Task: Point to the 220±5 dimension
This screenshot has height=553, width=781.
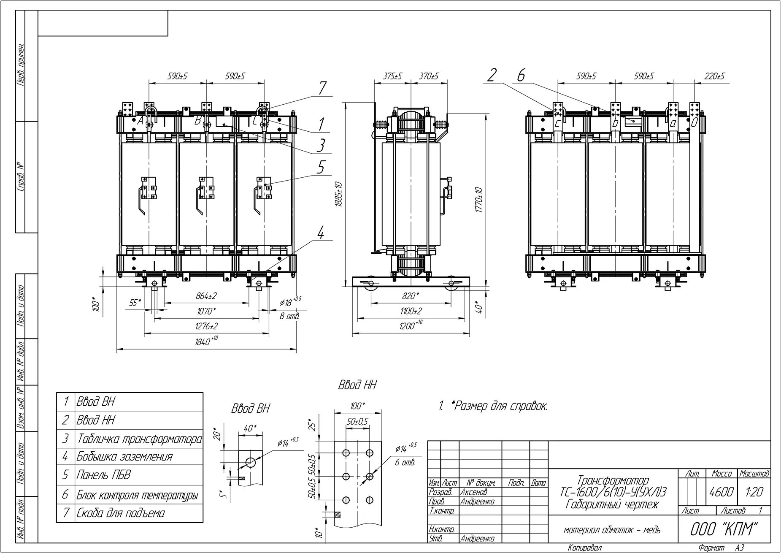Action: pyautogui.click(x=714, y=76)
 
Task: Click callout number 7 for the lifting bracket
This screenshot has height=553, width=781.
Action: pyautogui.click(x=322, y=88)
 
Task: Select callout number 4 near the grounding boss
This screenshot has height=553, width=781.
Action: pyautogui.click(x=321, y=233)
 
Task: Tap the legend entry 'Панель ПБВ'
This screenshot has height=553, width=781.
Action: pyautogui.click(x=103, y=475)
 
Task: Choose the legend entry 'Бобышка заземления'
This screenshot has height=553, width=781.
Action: pyautogui.click(x=124, y=456)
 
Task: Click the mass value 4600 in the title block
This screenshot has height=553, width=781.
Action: pyautogui.click(x=722, y=492)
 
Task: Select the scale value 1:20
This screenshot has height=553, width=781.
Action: pyautogui.click(x=754, y=492)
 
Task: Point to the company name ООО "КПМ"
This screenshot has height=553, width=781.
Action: pyautogui.click(x=724, y=529)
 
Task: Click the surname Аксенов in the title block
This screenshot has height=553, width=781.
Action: pyautogui.click(x=474, y=492)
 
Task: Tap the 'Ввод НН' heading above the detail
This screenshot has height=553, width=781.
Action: pyautogui.click(x=357, y=385)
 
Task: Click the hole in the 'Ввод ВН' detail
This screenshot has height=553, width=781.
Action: pyautogui.click(x=250, y=462)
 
